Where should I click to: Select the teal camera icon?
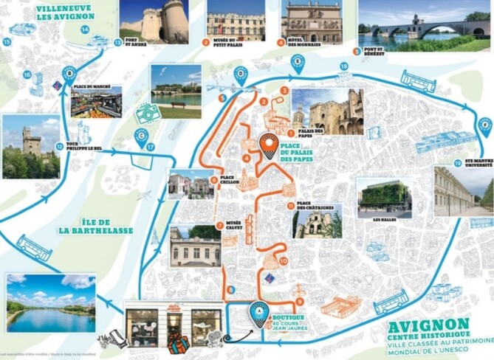tap(148, 114)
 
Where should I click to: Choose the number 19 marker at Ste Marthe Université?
tap(458, 163)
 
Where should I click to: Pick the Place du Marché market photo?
tap(97, 103)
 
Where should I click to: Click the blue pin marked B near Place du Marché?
tap(69, 73)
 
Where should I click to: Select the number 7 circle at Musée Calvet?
tap(219, 225)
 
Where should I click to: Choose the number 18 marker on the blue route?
tap(343, 67)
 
